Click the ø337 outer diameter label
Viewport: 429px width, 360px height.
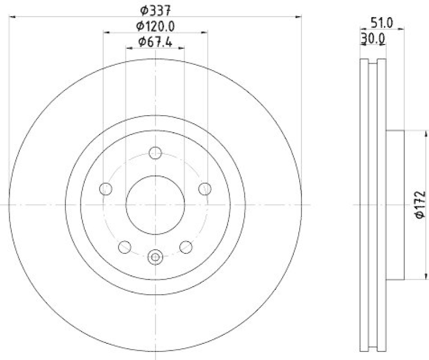click(156, 9)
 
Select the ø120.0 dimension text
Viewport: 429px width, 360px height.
click(156, 25)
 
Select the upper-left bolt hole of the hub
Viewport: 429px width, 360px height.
click(106, 189)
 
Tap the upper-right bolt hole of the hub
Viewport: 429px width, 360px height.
click(205, 189)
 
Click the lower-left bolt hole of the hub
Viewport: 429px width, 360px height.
click(124, 246)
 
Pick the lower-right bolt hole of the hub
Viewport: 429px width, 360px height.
click(186, 246)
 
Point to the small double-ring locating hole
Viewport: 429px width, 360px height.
click(156, 257)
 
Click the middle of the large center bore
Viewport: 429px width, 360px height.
click(156, 205)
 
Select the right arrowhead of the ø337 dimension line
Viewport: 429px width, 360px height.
click(299, 17)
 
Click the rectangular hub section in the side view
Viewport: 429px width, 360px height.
click(395, 205)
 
